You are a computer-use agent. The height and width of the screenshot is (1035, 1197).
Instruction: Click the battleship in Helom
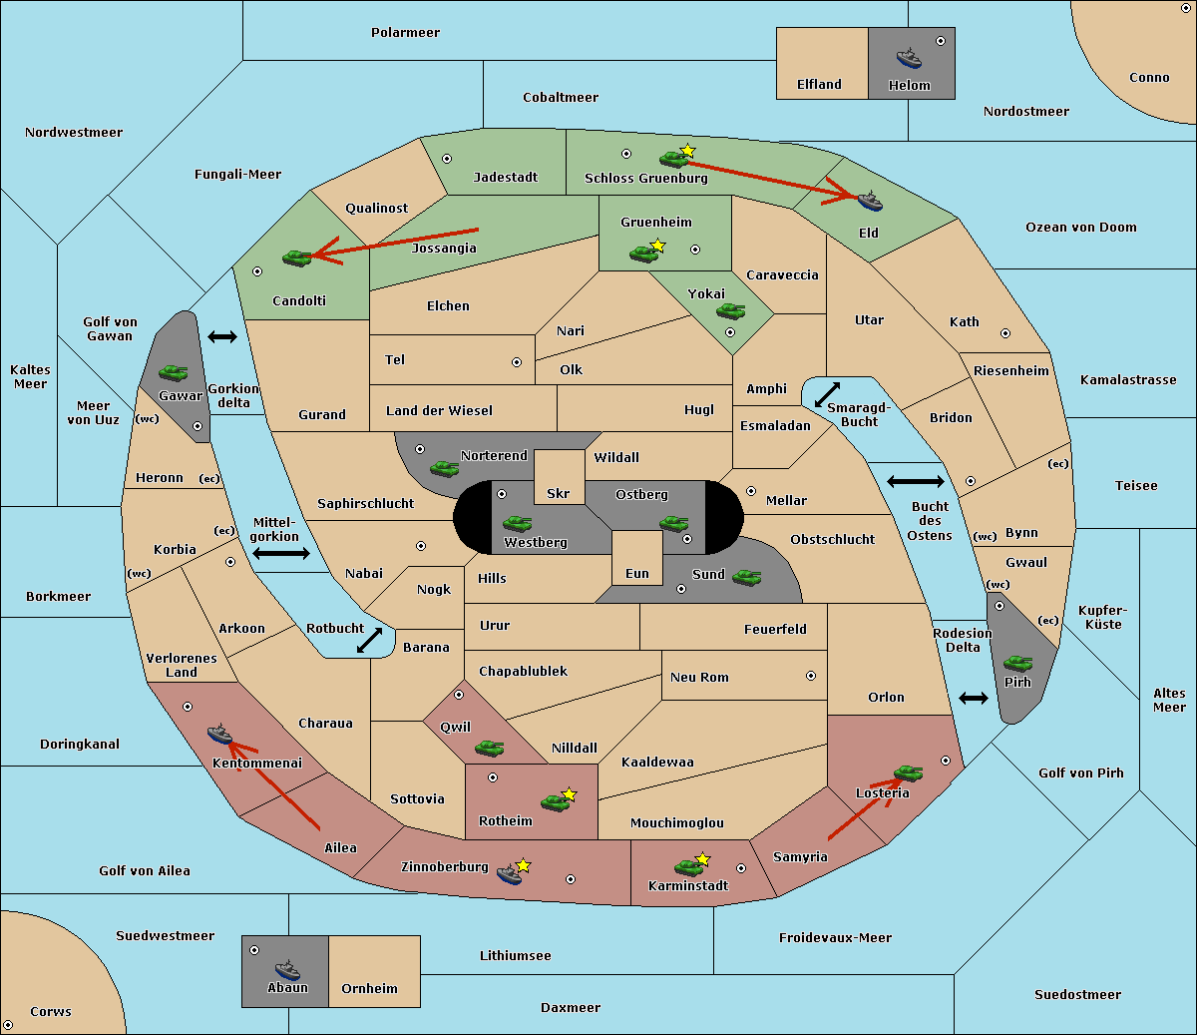tap(909, 57)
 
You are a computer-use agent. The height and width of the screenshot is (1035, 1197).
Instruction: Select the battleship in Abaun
tap(287, 968)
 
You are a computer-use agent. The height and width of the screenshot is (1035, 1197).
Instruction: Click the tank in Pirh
tap(1018, 664)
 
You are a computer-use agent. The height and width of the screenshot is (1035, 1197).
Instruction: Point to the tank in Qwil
tap(489, 748)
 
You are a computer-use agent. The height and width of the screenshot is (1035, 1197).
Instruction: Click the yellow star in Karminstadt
tap(702, 858)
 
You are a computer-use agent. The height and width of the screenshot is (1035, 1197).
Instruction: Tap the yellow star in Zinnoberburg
tap(524, 864)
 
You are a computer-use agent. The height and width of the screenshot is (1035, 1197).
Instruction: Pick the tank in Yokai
tap(730, 311)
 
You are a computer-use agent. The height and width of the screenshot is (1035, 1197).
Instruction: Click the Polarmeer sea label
tap(405, 33)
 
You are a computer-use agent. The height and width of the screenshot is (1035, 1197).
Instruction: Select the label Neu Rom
tap(699, 677)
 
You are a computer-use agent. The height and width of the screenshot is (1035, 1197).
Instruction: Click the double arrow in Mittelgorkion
tap(281, 553)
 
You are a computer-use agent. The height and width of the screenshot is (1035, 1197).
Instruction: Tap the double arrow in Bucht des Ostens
tap(915, 482)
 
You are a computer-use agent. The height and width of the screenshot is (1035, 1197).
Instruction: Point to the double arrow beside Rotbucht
tap(370, 640)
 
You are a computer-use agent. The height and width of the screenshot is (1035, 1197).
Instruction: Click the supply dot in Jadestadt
tap(447, 158)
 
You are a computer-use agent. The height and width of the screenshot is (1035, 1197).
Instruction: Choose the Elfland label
tap(819, 85)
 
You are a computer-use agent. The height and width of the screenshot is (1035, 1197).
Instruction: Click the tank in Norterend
tap(445, 468)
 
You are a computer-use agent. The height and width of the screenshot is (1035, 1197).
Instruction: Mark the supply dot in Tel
tap(517, 362)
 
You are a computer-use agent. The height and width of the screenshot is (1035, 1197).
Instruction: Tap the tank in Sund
tap(747, 577)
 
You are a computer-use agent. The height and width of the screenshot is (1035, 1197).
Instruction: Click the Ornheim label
tap(369, 989)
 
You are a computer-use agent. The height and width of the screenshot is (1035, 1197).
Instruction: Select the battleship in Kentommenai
tap(219, 735)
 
